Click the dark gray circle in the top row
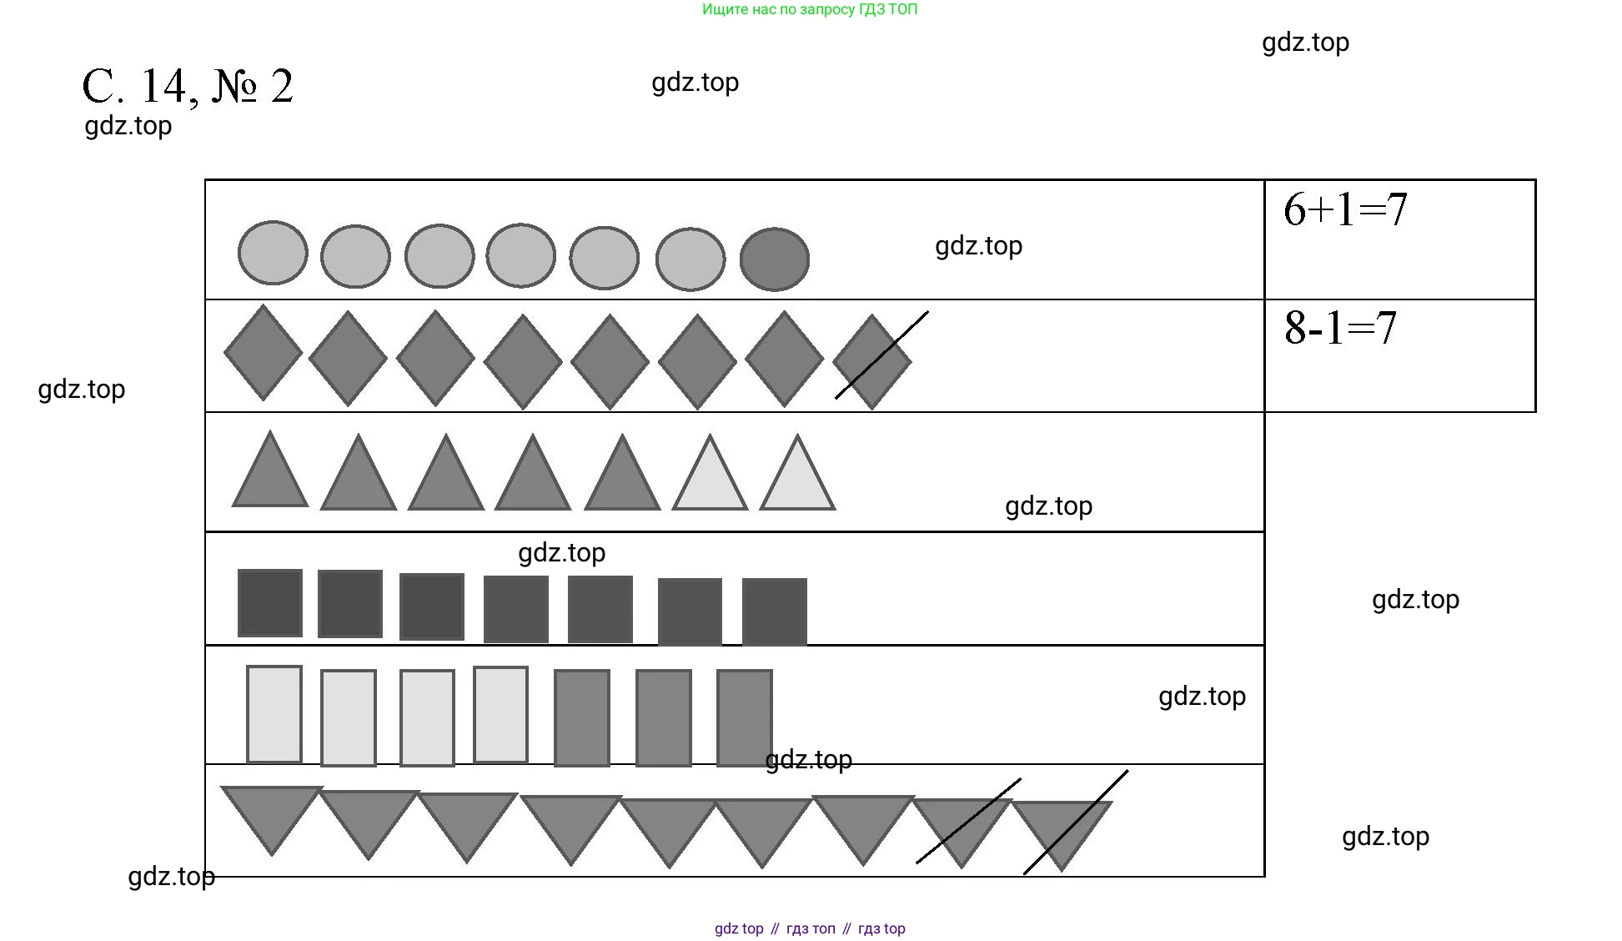774,259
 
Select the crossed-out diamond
872,361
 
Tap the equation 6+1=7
1344,209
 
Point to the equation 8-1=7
1339,328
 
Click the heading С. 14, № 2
188,87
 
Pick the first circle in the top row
273,253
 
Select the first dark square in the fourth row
270,603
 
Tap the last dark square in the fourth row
774,611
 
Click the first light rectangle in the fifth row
274,714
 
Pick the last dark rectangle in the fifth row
744,717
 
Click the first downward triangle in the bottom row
272,813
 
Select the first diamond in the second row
264,353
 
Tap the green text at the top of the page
809,10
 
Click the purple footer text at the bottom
809,928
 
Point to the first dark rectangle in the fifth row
581,717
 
